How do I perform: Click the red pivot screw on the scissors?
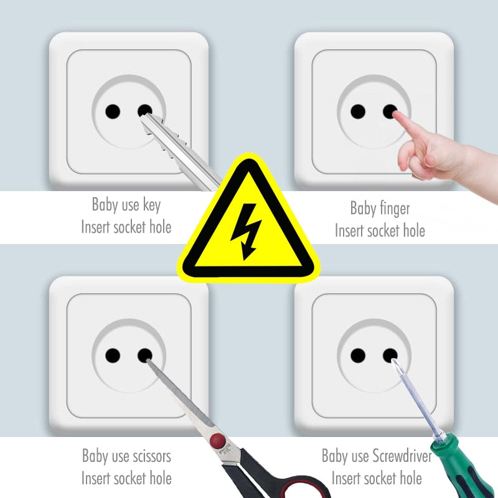click(217, 441)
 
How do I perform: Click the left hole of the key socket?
click(113, 111)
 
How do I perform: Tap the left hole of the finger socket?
click(358, 111)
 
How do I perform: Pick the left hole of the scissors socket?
click(113, 355)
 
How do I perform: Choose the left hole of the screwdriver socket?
click(358, 355)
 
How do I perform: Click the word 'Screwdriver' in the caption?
click(402, 456)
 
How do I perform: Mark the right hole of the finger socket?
click(390, 112)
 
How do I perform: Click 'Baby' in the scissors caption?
click(95, 456)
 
